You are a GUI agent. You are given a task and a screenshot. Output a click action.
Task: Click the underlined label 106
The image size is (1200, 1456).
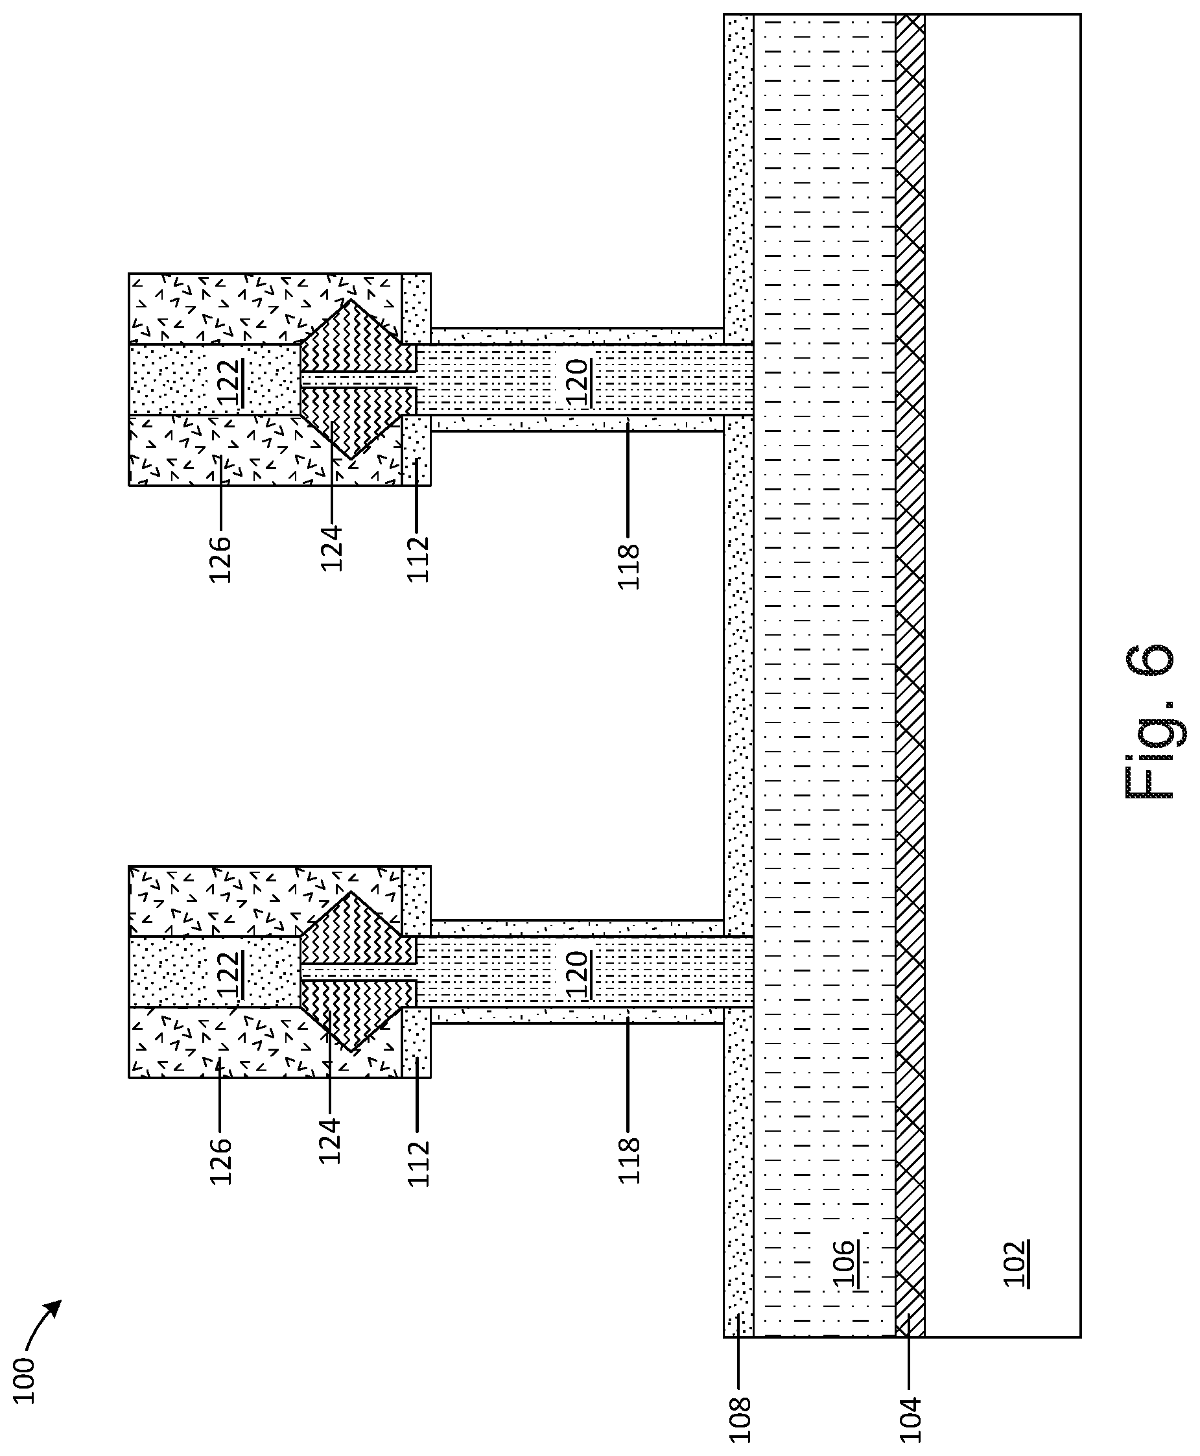tap(845, 1265)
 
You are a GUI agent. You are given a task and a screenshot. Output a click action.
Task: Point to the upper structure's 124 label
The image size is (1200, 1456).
tap(331, 548)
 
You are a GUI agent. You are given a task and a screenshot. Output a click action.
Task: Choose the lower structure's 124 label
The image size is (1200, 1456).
tap(330, 1141)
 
